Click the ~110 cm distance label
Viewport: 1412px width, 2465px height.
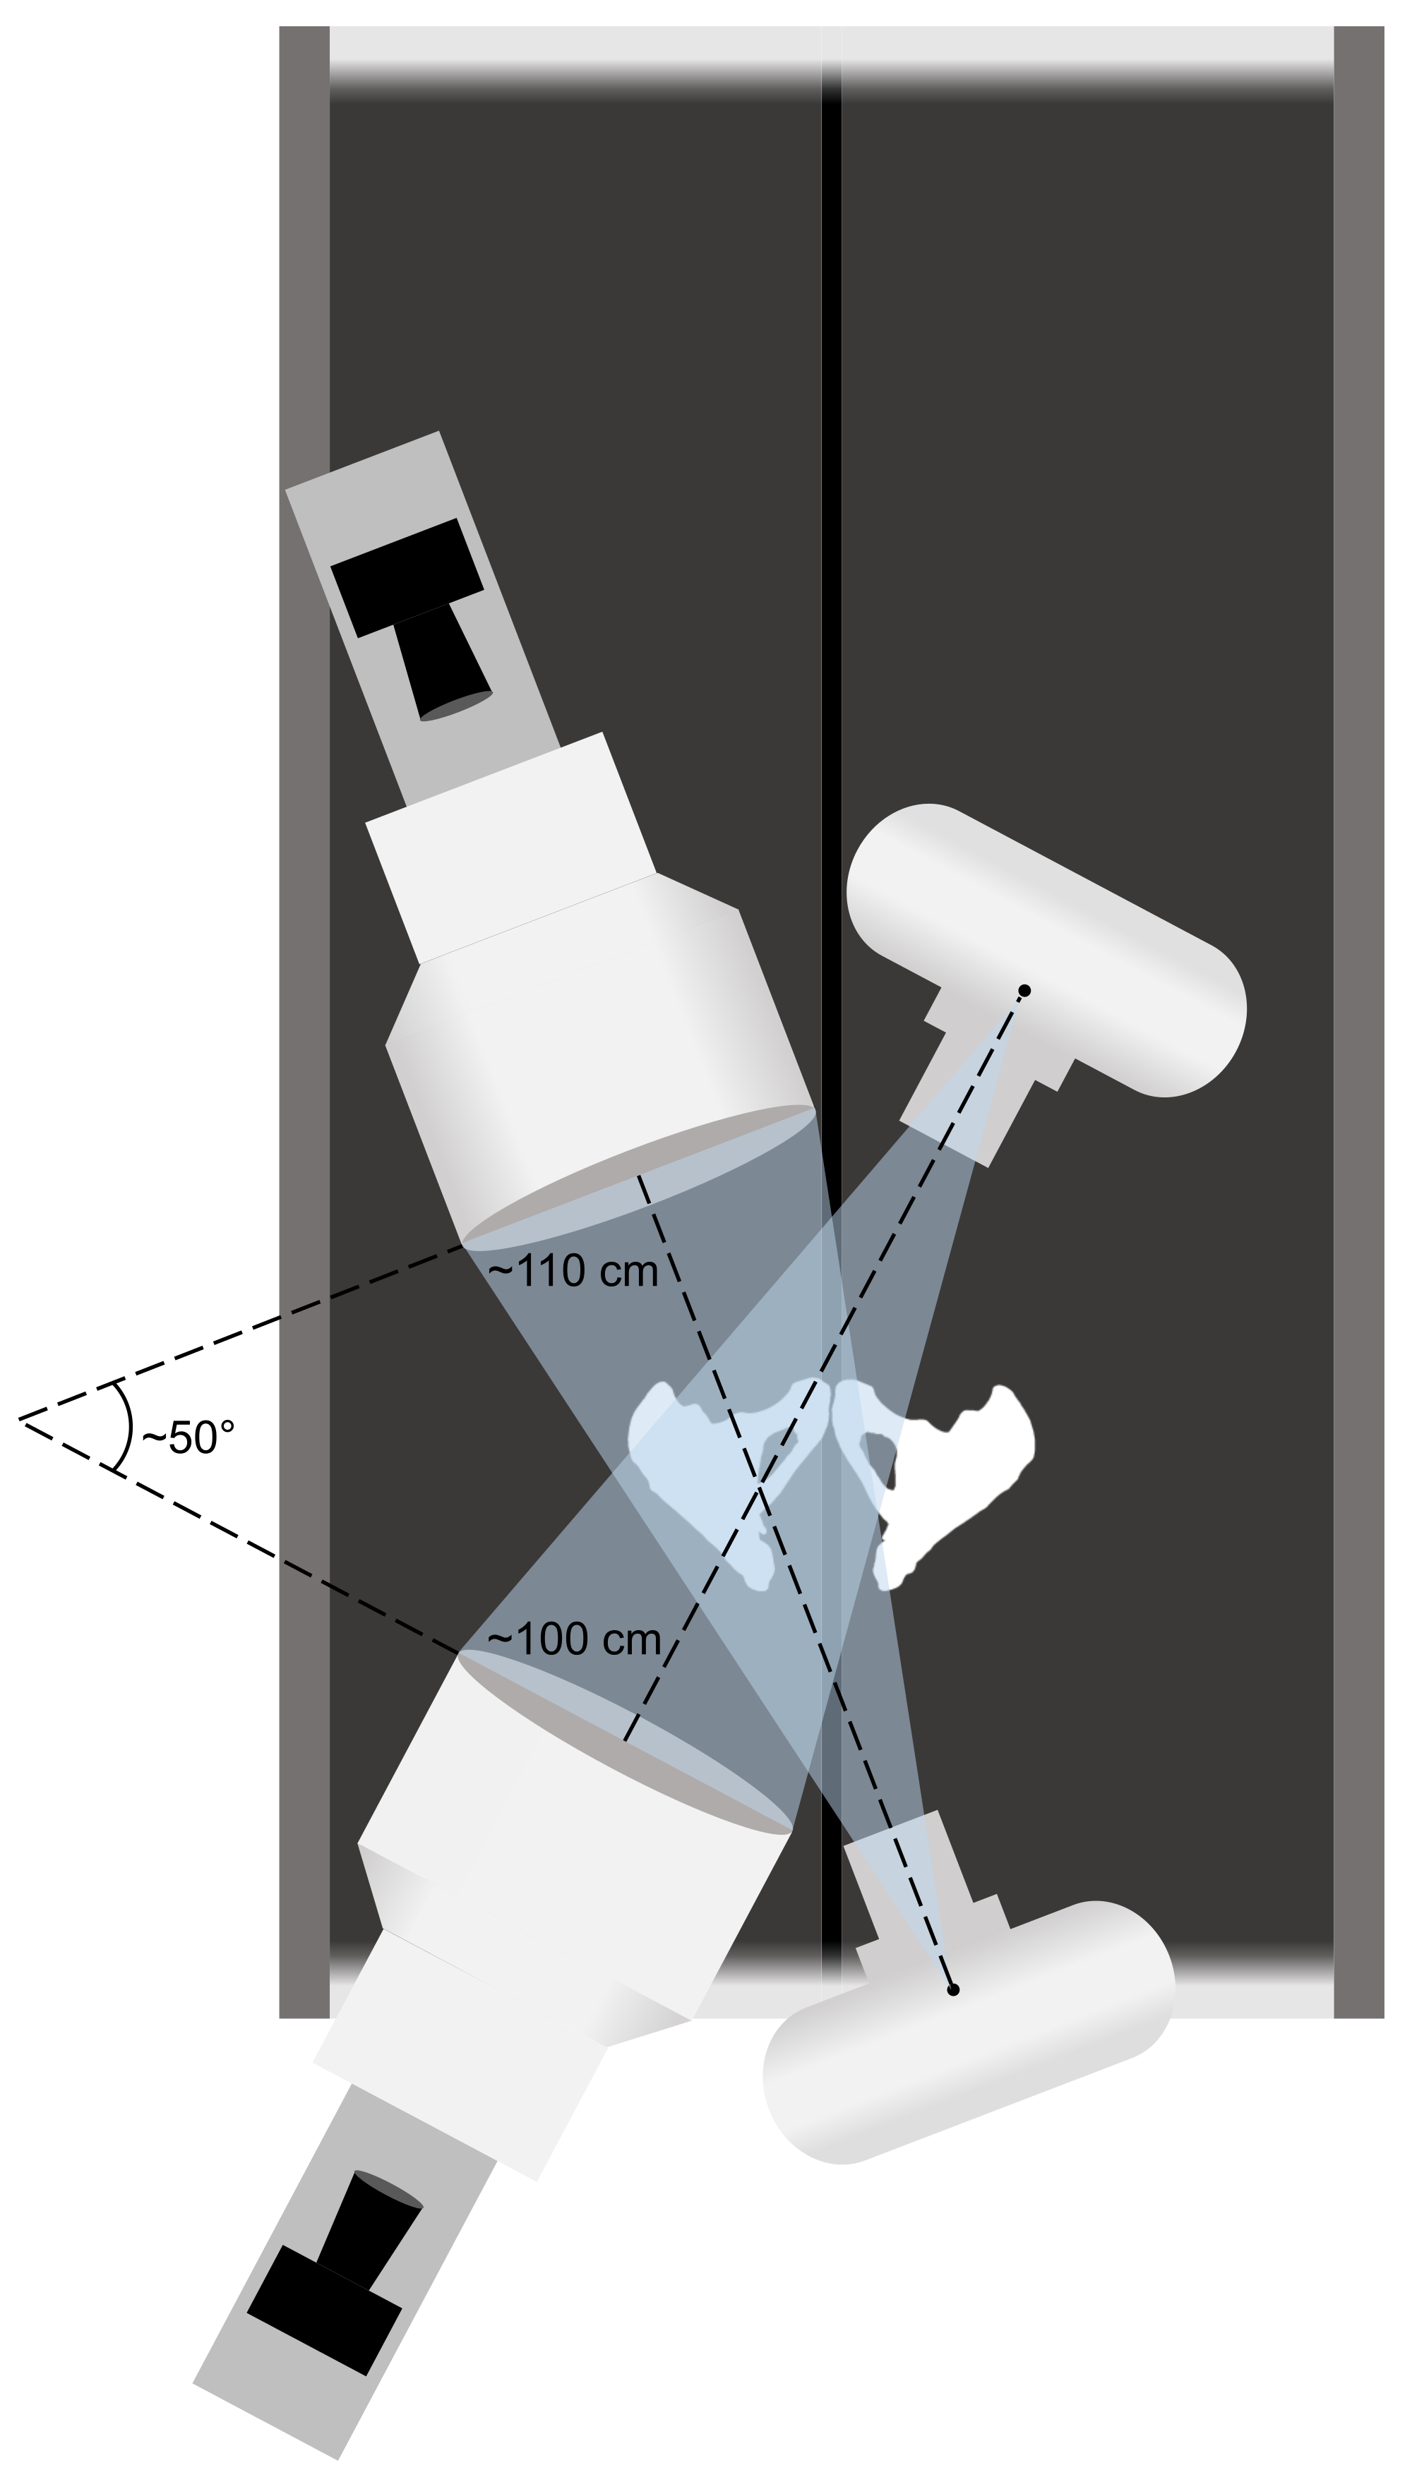(573, 1271)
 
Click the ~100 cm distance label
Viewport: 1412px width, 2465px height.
(573, 1638)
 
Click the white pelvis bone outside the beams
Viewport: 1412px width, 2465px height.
(960, 1473)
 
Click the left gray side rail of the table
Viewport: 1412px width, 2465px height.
(304, 970)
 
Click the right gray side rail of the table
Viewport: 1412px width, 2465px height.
(1358, 970)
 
